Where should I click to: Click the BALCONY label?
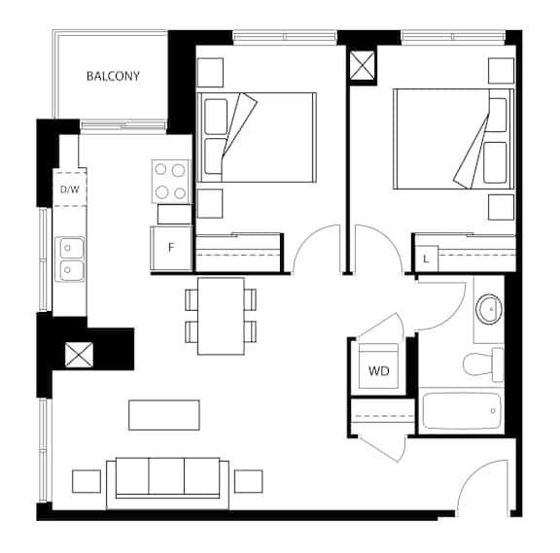[113, 76]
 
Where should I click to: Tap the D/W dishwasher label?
[70, 190]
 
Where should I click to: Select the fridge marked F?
[171, 248]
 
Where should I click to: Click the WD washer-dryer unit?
[378, 366]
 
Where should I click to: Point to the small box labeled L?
[427, 259]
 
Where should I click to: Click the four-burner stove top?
[170, 182]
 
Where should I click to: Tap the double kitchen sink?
[71, 259]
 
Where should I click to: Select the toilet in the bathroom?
[483, 364]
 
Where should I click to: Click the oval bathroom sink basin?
[489, 309]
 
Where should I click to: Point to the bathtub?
[462, 411]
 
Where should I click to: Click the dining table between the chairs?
[221, 316]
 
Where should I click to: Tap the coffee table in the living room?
[164, 415]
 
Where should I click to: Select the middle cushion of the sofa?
[166, 476]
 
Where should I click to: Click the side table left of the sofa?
[87, 482]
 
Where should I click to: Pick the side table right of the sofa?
[249, 482]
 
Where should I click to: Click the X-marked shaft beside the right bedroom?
[362, 65]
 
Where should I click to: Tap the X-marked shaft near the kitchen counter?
[79, 355]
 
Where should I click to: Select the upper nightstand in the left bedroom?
[210, 73]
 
